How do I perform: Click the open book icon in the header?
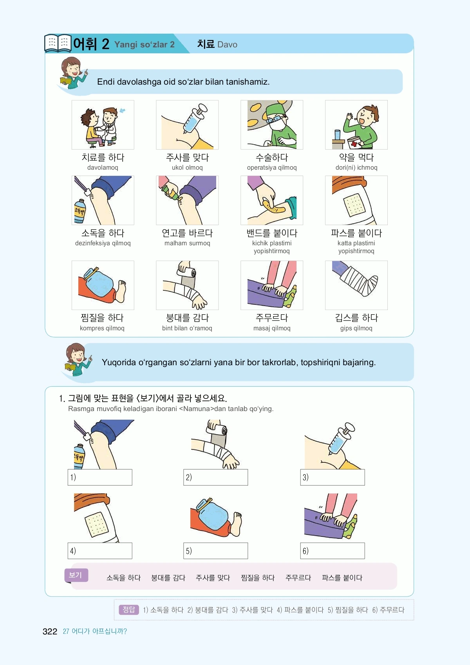click(x=58, y=43)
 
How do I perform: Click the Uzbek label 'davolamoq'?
click(x=103, y=167)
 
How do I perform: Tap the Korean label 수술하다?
click(x=272, y=158)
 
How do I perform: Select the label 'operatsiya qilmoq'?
click(x=272, y=167)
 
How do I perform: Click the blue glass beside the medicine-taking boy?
click(x=338, y=135)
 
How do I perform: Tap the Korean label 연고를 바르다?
click(x=187, y=233)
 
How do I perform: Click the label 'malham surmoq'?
click(x=187, y=243)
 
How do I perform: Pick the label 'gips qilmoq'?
click(x=356, y=328)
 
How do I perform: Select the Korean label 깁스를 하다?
click(x=356, y=318)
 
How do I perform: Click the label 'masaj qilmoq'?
click(x=272, y=328)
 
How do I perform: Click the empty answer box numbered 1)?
click(x=100, y=477)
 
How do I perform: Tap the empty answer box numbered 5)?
click(x=216, y=551)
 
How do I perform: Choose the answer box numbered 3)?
click(x=333, y=477)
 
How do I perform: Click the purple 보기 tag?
click(x=76, y=575)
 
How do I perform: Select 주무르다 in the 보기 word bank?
click(x=298, y=578)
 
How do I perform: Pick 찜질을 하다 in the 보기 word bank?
click(x=258, y=578)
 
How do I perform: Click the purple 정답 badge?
click(x=129, y=610)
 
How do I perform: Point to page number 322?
click(x=50, y=631)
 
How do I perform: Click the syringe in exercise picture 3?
click(x=341, y=438)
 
